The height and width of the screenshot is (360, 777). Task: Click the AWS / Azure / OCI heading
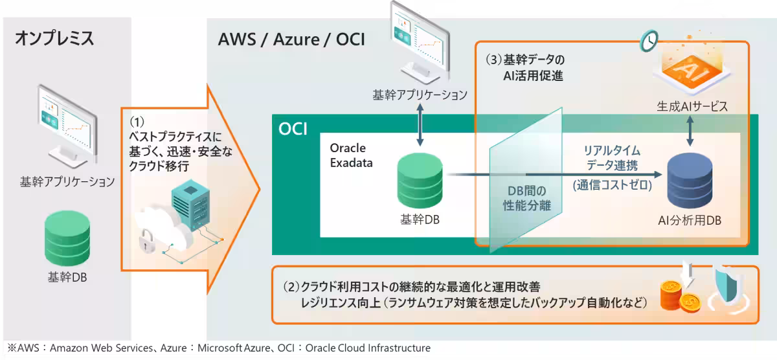pyautogui.click(x=291, y=39)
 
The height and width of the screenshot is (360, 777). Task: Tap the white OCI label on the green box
pyautogui.click(x=293, y=129)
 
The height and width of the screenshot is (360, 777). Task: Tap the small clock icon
pyautogui.click(x=648, y=41)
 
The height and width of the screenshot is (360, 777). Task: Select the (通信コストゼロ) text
pyautogui.click(x=612, y=185)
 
